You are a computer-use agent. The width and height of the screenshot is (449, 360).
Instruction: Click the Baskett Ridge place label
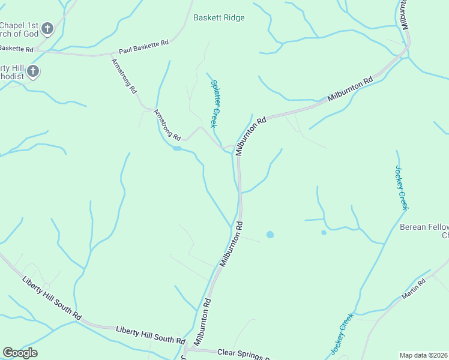pos(218,18)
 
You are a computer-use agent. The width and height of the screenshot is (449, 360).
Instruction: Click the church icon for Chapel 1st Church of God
pos(48,28)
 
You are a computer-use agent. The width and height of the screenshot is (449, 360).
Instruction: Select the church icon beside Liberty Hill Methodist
pos(33,72)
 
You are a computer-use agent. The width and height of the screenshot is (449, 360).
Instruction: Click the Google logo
pos(20,353)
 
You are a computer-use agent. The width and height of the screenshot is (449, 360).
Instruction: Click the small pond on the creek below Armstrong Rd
pos(176,148)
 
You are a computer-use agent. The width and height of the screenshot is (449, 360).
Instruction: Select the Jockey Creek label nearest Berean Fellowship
pos(401,188)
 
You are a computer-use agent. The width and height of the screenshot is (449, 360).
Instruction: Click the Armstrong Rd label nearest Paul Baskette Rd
pos(124,76)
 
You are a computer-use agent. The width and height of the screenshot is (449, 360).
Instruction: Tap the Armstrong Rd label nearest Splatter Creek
pos(167,125)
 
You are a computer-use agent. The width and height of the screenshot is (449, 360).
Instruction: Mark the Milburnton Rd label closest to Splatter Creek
pos(250,137)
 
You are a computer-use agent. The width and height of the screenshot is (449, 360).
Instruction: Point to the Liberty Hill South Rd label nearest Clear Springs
pos(151,335)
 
